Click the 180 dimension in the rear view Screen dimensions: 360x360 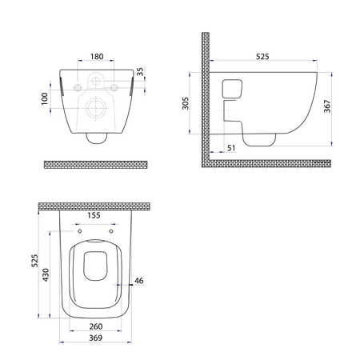pos(95,57)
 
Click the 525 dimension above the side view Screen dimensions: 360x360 pos(262,57)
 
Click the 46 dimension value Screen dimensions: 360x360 pos(138,281)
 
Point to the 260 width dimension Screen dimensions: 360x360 pos(95,327)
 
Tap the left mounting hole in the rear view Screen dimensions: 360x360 pos(78,86)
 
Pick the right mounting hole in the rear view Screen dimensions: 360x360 pos(113,86)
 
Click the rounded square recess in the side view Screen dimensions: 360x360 pos(232,89)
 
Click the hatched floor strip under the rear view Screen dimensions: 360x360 pos(95,163)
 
